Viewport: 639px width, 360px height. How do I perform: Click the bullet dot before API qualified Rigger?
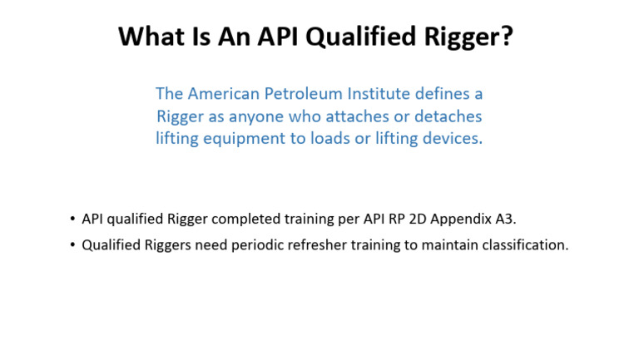[x=72, y=219]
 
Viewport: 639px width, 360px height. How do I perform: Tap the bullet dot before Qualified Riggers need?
[x=72, y=246]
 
